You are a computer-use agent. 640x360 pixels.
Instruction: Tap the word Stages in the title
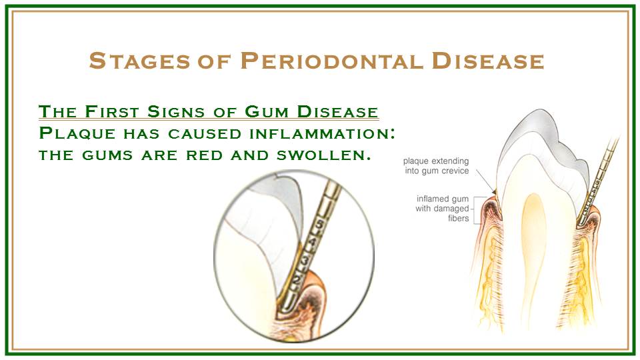pos(139,61)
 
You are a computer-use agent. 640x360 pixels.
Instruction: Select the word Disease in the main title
pos(488,61)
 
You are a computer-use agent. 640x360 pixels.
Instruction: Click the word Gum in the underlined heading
pos(267,111)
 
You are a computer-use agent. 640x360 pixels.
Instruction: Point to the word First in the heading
pos(112,111)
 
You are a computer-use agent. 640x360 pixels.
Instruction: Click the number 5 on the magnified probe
pos(321,225)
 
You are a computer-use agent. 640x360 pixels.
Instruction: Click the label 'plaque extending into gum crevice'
pos(436,166)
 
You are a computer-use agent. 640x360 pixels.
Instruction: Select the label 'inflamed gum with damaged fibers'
pos(442,209)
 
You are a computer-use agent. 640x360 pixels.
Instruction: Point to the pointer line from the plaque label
pos(486,180)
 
